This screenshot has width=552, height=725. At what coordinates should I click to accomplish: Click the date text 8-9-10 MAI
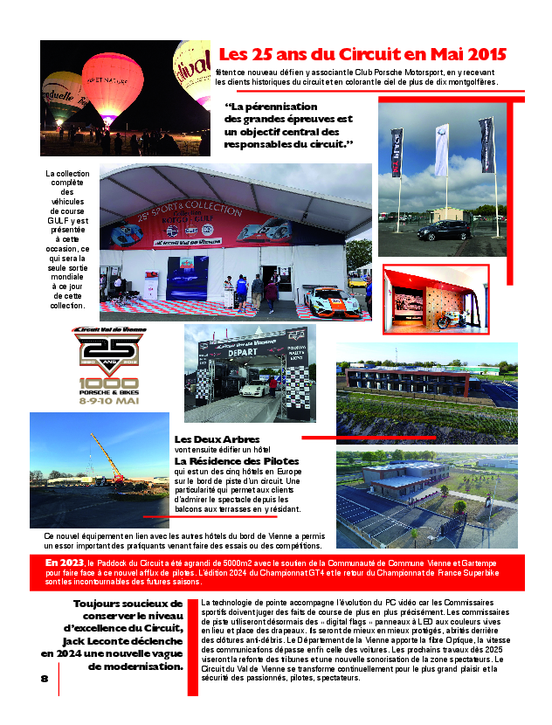pyautogui.click(x=109, y=404)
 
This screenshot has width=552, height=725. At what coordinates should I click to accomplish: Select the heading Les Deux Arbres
pyautogui.click(x=217, y=438)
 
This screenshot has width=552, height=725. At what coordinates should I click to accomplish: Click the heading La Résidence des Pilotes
pyautogui.click(x=237, y=460)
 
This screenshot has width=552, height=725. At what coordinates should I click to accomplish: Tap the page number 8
pyautogui.click(x=44, y=678)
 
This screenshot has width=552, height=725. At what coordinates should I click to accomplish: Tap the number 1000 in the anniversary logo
pyautogui.click(x=109, y=383)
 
